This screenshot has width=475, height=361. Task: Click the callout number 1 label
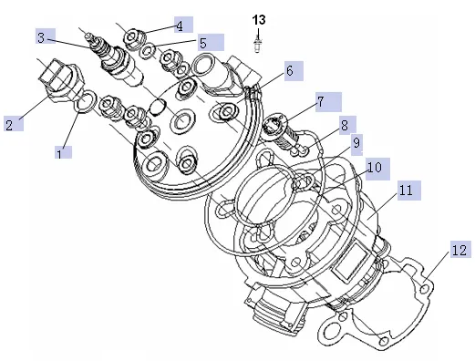pyautogui.click(x=59, y=153)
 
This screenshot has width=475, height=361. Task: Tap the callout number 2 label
pyautogui.click(x=9, y=125)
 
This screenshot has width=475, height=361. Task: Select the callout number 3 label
pyautogui.click(x=41, y=37)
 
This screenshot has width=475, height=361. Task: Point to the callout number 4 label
pyautogui.click(x=180, y=26)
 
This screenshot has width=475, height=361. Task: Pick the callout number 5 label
pyautogui.click(x=203, y=43)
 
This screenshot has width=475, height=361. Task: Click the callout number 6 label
pyautogui.click(x=290, y=70)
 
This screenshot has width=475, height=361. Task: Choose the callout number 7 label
pyautogui.click(x=320, y=101)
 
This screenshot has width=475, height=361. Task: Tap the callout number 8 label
pyautogui.click(x=345, y=125)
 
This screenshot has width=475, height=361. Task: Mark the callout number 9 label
pyautogui.click(x=356, y=143)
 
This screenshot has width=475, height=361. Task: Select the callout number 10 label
pyautogui.click(x=375, y=167)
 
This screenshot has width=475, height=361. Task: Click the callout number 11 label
pyautogui.click(x=406, y=191)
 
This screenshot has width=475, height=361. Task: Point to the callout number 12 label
pyautogui.click(x=460, y=251)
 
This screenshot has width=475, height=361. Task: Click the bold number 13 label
pyautogui.click(x=259, y=20)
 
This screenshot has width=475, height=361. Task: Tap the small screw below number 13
pyautogui.click(x=257, y=45)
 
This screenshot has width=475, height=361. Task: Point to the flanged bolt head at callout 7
pyautogui.click(x=274, y=124)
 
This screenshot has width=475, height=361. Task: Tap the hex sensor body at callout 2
pyautogui.click(x=62, y=80)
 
